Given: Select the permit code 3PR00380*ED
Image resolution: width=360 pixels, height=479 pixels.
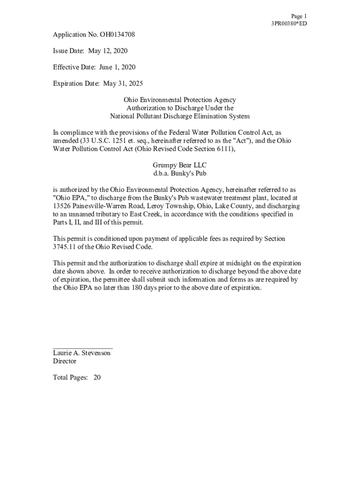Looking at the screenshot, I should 289,23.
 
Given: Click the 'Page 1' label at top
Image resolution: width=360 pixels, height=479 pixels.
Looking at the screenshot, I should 299,16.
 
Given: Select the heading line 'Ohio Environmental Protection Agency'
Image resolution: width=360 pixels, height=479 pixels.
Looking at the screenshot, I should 180,100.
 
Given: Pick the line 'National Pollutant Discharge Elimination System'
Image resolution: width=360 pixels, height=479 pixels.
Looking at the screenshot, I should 180,116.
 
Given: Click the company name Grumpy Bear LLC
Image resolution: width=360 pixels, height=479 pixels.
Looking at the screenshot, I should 180,165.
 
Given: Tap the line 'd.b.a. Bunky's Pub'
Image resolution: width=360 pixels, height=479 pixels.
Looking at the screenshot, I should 180,174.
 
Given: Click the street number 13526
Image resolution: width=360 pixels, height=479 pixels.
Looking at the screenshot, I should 62,206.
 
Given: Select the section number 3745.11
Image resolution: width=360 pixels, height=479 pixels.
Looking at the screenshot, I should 63,247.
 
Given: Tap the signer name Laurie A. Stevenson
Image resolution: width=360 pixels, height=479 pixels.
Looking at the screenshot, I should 82,353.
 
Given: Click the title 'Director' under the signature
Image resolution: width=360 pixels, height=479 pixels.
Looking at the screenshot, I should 65,362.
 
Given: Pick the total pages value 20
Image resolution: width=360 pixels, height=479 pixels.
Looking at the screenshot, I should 97,377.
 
